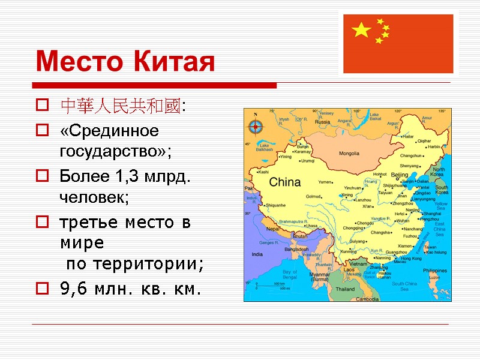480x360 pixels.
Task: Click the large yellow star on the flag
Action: coord(362,30)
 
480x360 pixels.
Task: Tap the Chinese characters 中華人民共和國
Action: coord(120,107)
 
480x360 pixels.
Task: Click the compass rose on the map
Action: coord(256,127)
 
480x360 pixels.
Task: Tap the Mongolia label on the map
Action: coord(349,154)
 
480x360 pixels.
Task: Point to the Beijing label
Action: coord(400,175)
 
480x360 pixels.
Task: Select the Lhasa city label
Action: coord(311,226)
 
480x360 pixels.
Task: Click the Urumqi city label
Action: coord(307,161)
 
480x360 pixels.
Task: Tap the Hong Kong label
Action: coord(412,258)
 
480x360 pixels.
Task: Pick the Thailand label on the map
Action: coord(344,289)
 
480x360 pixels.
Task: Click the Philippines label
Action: coord(434,270)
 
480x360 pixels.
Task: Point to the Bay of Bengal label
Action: coord(290,275)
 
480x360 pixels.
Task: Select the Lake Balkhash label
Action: coord(265,147)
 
